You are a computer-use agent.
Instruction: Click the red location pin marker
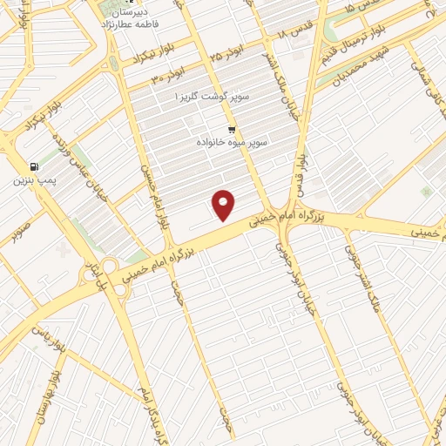coord(225,206)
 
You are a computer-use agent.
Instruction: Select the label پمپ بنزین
coord(34,180)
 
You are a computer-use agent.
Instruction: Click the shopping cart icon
coord(232,130)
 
